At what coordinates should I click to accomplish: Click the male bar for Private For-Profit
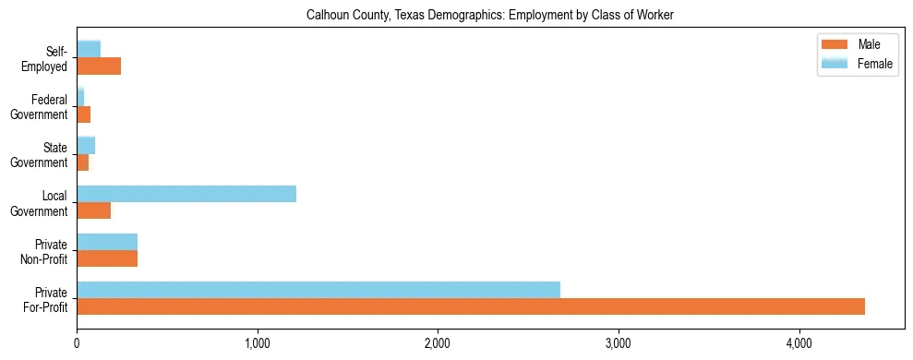pyautogui.click(x=471, y=306)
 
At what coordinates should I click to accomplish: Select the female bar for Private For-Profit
pyautogui.click(x=318, y=290)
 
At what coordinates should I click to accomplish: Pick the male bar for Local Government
pyautogui.click(x=93, y=210)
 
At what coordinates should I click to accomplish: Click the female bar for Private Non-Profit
pyautogui.click(x=107, y=242)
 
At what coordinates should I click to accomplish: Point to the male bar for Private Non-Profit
pyautogui.click(x=107, y=258)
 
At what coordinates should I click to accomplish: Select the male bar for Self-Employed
pyautogui.click(x=99, y=66)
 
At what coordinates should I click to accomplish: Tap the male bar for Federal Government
pyautogui.click(x=83, y=114)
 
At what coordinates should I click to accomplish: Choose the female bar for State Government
pyautogui.click(x=86, y=146)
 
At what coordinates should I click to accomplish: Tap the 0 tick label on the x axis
pyautogui.click(x=77, y=343)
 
